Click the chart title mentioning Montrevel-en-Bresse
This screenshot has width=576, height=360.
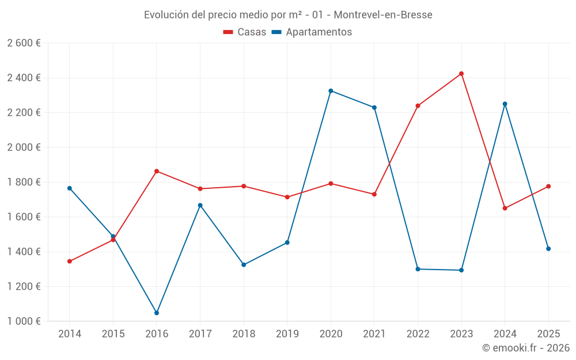coord(288,14)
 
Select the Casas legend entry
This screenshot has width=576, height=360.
coord(245,32)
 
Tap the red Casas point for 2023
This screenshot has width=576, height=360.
coord(461,74)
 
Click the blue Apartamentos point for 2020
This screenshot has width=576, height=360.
coord(331,91)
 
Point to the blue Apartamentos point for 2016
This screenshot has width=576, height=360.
coord(157,313)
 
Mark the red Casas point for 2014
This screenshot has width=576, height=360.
coord(70,262)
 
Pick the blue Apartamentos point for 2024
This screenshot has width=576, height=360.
coord(505,104)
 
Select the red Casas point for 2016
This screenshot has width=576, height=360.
coord(157,171)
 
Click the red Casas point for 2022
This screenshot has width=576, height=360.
coord(418,106)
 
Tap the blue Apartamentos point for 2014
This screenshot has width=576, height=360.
coord(70,188)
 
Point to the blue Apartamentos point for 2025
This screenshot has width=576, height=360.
coord(548,249)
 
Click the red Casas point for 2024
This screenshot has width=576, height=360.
coord(505,209)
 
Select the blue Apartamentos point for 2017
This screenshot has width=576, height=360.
coord(200,205)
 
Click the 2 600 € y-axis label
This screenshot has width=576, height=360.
coord(24,43)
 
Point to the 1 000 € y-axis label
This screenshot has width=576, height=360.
coord(24,321)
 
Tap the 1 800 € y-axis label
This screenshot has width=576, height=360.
coord(24,182)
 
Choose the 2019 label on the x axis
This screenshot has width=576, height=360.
coord(287,334)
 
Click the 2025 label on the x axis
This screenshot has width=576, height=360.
coord(548,334)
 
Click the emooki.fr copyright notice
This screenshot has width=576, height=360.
coord(525,348)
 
